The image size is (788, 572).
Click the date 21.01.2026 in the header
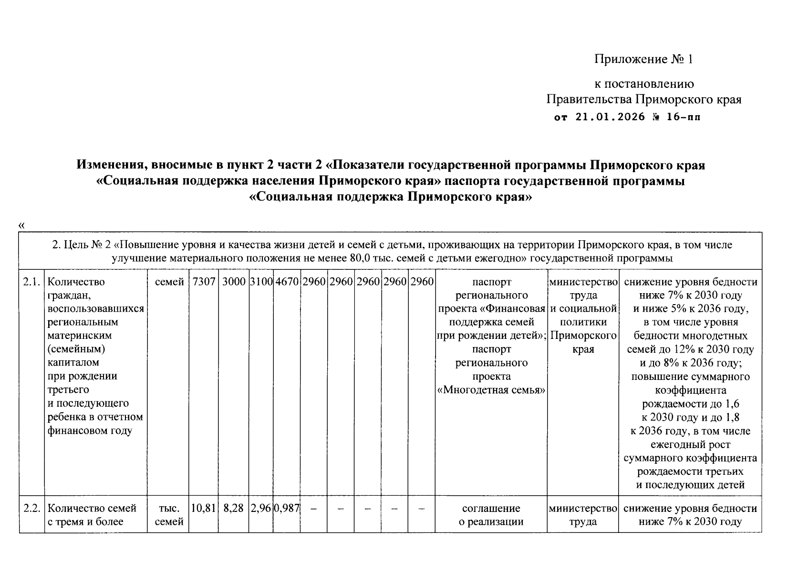603,117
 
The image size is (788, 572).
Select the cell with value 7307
204,282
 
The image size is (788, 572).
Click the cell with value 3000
234,282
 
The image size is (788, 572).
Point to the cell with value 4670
287,282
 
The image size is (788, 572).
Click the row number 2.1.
31,282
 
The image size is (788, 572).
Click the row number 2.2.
31,508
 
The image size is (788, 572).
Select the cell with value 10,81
204,508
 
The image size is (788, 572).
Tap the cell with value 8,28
234,508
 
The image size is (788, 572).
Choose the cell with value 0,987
287,508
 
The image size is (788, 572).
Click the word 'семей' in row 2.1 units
169,282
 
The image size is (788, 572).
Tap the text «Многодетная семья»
491,390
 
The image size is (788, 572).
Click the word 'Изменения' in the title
111,165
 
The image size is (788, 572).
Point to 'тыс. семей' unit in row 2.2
169,515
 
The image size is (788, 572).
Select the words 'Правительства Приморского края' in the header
643,100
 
